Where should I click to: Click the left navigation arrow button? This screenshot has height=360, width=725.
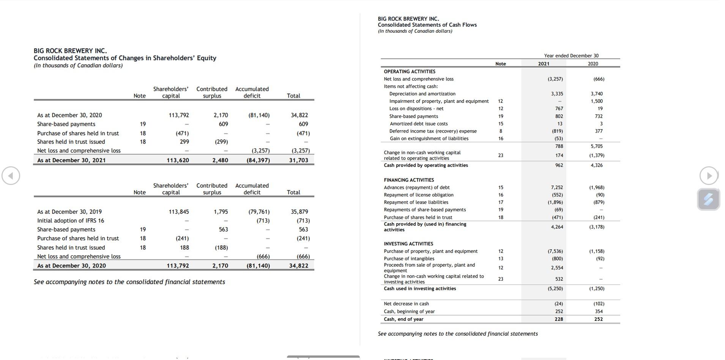pyautogui.click(x=11, y=176)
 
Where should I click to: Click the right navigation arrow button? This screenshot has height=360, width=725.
pyautogui.click(x=709, y=176)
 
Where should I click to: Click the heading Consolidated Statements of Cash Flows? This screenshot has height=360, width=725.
pyautogui.click(x=427, y=25)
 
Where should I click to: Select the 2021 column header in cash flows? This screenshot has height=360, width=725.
pyautogui.click(x=544, y=64)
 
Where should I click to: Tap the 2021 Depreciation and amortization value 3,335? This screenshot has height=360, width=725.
pyautogui.click(x=557, y=94)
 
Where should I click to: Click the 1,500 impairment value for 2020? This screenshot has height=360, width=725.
pyautogui.click(x=596, y=101)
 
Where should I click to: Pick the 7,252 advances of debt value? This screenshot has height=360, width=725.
pyautogui.click(x=557, y=188)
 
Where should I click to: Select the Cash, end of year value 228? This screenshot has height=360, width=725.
pyautogui.click(x=559, y=319)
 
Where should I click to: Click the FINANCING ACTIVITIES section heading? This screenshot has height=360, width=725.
pyautogui.click(x=409, y=180)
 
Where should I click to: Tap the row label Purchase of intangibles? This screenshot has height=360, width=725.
pyautogui.click(x=409, y=259)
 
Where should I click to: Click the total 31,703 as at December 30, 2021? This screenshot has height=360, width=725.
pyautogui.click(x=299, y=160)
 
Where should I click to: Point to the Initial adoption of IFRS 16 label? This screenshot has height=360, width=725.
pyautogui.click(x=71, y=221)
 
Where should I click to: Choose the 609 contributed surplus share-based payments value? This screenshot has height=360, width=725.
pyautogui.click(x=223, y=124)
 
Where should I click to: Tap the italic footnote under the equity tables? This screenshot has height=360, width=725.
pyautogui.click(x=129, y=282)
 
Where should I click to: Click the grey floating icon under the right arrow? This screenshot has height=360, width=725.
pyautogui.click(x=708, y=199)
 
